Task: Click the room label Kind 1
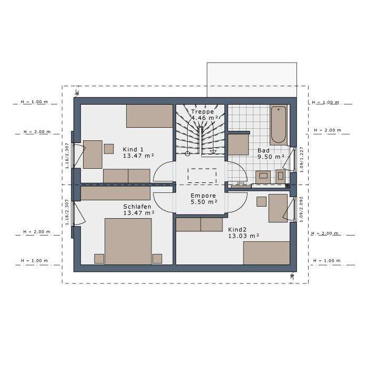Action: pos(134,149)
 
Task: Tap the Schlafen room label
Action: pos(137,207)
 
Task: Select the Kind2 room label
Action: pos(237,230)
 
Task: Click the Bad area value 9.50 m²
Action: pos(271,157)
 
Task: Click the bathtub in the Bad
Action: pos(279,125)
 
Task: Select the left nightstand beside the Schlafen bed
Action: pos(99,258)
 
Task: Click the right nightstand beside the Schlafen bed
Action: pos(157,258)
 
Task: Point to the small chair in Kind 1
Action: pos(109,149)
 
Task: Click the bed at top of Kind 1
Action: pos(150,116)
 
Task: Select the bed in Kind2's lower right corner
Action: pos(267,253)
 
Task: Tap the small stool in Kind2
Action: pos(261,201)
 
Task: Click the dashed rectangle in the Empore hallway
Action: pos(202,176)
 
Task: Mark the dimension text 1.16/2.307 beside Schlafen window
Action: pos(67,212)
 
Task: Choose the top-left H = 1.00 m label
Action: pos(34,101)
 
